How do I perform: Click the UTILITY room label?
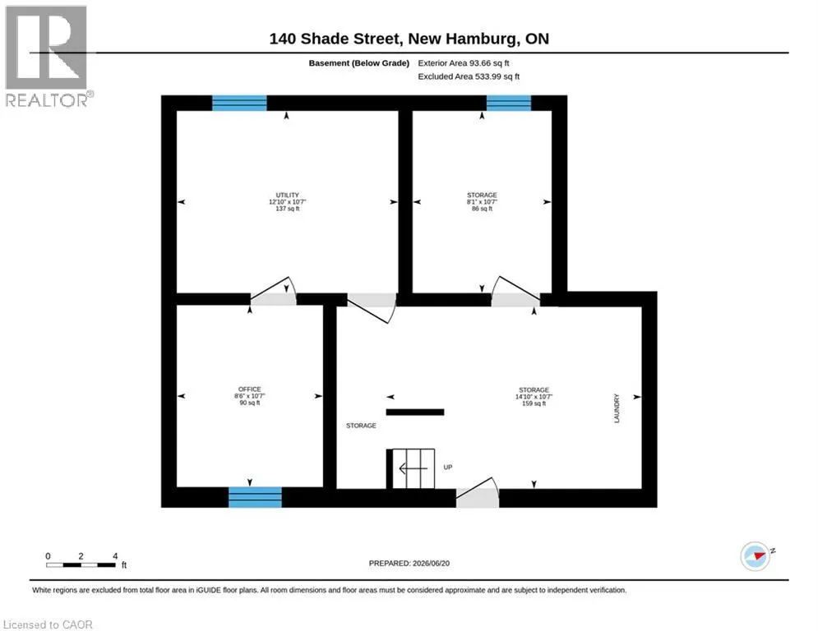point(288,195)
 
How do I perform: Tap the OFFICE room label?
point(249,389)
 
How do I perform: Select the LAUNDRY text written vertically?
point(617,408)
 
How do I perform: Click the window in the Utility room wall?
point(239,103)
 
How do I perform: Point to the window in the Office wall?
point(255,497)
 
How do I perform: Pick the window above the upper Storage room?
point(509,103)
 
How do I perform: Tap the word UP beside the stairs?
point(447,467)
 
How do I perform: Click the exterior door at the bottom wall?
point(478,493)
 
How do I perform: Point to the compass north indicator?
point(756,556)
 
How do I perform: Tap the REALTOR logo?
point(47,57)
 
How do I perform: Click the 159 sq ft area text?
point(534,403)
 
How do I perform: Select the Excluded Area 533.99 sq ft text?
point(469,76)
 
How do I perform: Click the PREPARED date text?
point(409,563)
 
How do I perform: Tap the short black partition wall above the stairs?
point(415,412)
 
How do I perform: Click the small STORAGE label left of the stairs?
point(361,426)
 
